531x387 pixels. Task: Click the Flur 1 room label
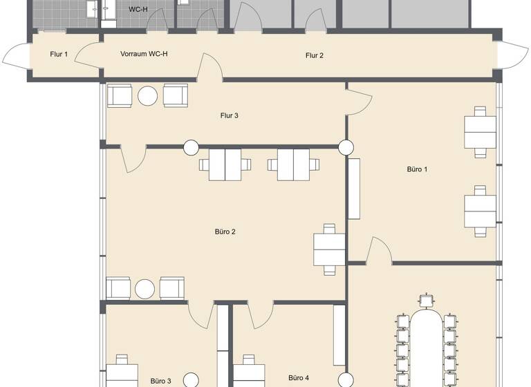(x=59, y=54)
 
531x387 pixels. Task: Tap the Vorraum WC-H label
(x=144, y=54)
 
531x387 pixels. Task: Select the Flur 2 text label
(x=315, y=55)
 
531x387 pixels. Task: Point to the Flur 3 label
(x=230, y=115)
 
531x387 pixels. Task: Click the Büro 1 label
(x=417, y=169)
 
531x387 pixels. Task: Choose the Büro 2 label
(x=225, y=232)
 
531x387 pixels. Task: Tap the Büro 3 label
(x=160, y=381)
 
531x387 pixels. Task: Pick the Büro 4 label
(x=299, y=378)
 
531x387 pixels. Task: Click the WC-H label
(x=138, y=10)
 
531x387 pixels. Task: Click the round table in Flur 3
(x=148, y=95)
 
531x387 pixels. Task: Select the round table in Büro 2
(x=146, y=289)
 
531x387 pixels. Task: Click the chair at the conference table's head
(x=427, y=301)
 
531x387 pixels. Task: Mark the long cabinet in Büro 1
(x=355, y=189)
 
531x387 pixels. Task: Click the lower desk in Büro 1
(x=481, y=209)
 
